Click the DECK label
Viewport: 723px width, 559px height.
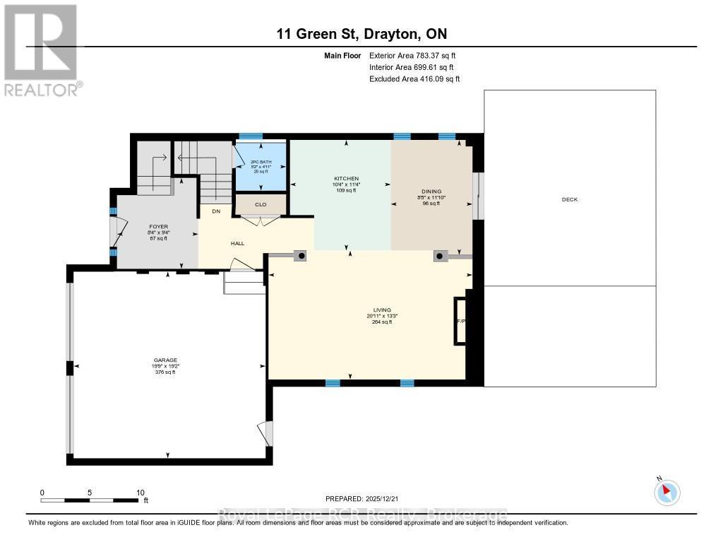point(569,199)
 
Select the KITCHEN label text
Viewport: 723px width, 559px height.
point(346,178)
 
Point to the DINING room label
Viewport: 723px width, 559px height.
point(431,191)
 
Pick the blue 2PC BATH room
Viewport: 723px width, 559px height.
point(261,167)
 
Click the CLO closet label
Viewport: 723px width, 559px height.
point(261,205)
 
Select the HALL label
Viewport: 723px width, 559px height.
point(237,243)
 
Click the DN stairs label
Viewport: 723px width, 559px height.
point(216,211)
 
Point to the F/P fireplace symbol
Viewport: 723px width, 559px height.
point(461,321)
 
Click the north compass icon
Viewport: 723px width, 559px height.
point(667,492)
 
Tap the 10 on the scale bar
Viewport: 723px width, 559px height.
point(141,493)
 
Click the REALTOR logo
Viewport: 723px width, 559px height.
point(42,49)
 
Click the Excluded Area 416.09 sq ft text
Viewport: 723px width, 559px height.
point(414,79)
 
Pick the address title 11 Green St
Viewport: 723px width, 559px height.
point(361,34)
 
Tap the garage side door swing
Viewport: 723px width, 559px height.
point(264,433)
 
